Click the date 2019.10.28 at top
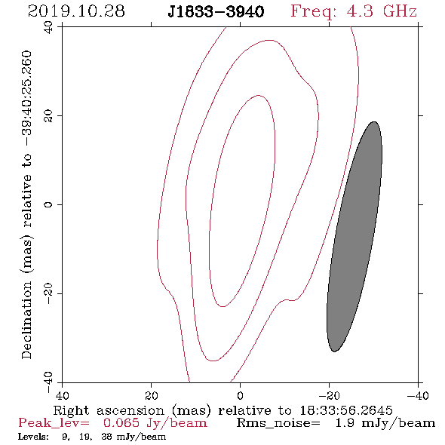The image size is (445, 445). point(76,11)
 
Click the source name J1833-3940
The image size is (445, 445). point(216,12)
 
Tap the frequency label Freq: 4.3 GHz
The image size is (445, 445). point(354,12)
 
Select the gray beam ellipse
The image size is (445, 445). point(354,237)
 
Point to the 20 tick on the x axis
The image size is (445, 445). point(152,396)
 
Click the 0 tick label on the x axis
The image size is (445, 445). point(240,396)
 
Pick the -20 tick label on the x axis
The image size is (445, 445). point(329,396)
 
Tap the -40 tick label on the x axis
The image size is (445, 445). point(418,396)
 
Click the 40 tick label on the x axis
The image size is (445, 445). point(62,396)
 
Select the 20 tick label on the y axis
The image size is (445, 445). point(48,116)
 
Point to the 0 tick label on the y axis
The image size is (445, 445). point(48,204)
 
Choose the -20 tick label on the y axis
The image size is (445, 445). point(48,293)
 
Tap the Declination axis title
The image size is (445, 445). point(27,204)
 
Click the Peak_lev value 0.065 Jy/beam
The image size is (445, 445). point(155,423)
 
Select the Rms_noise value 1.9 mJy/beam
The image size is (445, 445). point(385,423)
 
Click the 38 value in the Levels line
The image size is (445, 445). point(106,437)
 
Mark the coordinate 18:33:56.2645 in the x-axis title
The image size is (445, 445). point(346,410)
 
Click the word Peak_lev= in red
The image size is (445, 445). point(54,423)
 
